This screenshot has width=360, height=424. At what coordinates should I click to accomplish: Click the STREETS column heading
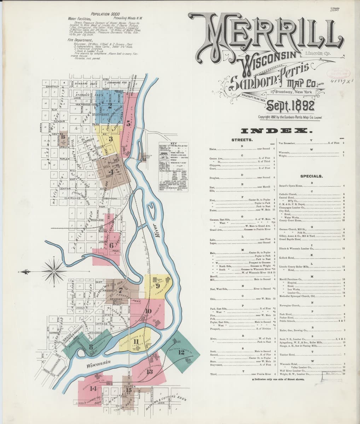[x=242, y=140]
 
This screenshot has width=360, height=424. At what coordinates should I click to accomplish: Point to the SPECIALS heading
[x=311, y=176]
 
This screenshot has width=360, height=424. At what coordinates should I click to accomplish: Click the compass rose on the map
[x=53, y=271]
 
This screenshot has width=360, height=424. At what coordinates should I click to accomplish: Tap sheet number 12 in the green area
[x=181, y=352]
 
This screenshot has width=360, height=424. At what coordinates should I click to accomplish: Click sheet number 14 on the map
[x=93, y=388]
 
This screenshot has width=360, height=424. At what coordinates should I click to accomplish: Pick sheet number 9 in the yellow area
[x=158, y=285]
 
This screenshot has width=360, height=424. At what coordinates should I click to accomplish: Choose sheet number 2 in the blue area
[x=110, y=105]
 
